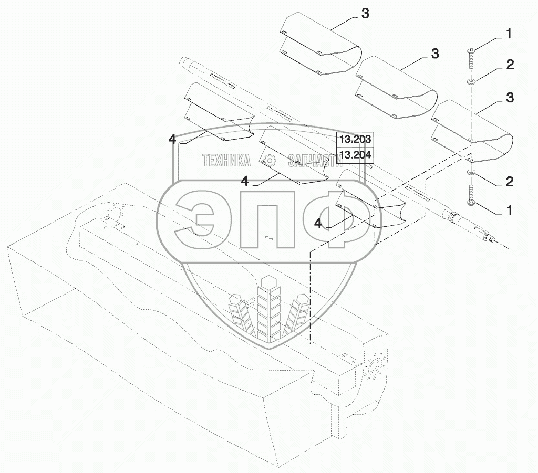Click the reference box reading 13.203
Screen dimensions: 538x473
pyautogui.click(x=355, y=139)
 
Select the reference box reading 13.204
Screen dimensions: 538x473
pyautogui.click(x=355, y=154)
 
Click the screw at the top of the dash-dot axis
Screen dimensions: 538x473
pyautogui.click(x=471, y=58)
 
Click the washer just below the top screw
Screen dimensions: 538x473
pyautogui.click(x=471, y=81)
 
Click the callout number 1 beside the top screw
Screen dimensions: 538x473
pyautogui.click(x=509, y=35)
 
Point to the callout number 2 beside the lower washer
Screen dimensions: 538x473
pyautogui.click(x=509, y=182)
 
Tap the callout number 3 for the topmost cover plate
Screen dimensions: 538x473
pyautogui.click(x=365, y=15)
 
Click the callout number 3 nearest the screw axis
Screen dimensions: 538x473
pyautogui.click(x=509, y=98)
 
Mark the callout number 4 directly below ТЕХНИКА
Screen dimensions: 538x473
pyautogui.click(x=244, y=181)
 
